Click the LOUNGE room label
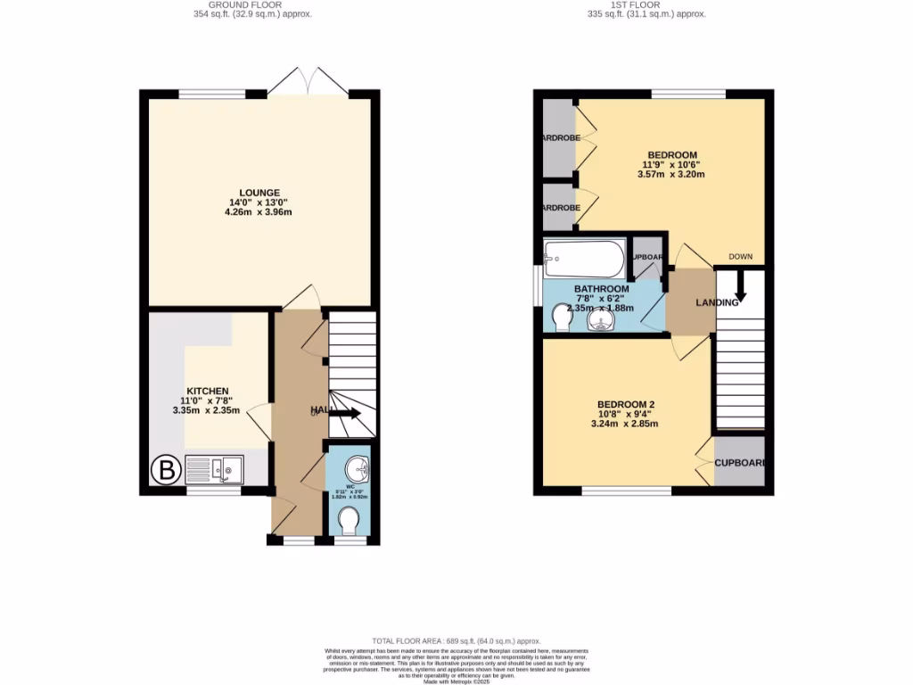[x=259, y=193]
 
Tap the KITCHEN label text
[x=208, y=391]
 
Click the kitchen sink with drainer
[x=214, y=468]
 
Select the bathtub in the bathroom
[x=584, y=259]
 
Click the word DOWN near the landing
[x=741, y=257]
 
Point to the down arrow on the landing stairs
[x=740, y=288]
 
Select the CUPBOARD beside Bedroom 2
[x=740, y=462]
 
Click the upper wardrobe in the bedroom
[x=558, y=137]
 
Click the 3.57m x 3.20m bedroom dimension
[x=671, y=175]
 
